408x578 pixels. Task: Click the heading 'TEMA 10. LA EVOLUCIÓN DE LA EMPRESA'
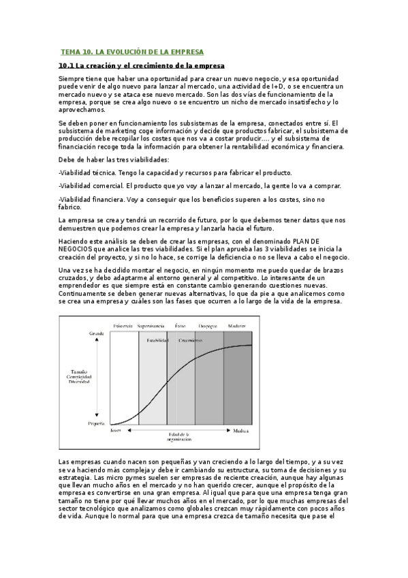[132, 52]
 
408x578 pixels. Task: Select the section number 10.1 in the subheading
[67, 65]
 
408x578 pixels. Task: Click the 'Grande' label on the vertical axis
[96, 333]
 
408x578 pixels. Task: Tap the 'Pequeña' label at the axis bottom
[96, 423]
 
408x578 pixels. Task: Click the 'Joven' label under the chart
[116, 431]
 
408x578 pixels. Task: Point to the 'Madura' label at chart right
[241, 431]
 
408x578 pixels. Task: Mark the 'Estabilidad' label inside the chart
[157, 340]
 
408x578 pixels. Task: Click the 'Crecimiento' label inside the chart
[190, 340]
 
